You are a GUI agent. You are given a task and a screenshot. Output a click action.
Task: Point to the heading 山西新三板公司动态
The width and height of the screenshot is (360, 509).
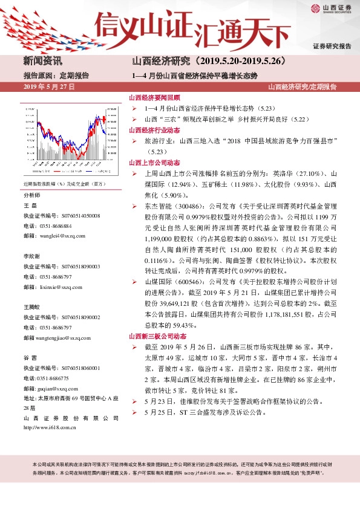point(157,336)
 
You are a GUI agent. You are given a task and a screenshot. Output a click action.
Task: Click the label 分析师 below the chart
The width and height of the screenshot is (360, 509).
point(32,195)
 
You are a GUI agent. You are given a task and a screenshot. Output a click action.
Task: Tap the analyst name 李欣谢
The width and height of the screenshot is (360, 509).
point(32,256)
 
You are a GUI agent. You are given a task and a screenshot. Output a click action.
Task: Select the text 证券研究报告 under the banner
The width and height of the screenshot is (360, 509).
point(332,47)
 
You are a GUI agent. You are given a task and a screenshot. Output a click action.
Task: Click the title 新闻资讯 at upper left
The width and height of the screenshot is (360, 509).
point(42,61)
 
